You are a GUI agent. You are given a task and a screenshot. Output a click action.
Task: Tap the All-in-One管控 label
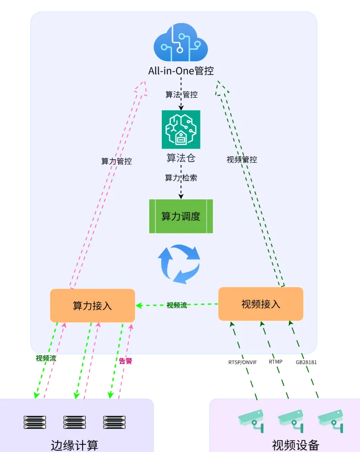click(x=181, y=71)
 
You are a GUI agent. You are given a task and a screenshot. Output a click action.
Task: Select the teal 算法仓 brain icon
click(x=181, y=129)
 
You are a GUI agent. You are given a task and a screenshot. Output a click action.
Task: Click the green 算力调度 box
click(x=181, y=216)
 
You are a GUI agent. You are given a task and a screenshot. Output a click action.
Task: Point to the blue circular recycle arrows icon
click(x=180, y=264)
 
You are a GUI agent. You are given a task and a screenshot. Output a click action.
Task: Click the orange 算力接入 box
click(x=92, y=305)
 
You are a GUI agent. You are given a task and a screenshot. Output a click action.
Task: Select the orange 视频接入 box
click(x=261, y=304)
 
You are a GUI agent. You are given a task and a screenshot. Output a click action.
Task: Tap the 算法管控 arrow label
click(x=181, y=95)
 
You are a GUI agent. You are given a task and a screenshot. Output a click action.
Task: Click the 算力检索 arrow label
click(x=181, y=178)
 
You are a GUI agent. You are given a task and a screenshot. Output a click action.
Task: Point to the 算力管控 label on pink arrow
click(x=116, y=161)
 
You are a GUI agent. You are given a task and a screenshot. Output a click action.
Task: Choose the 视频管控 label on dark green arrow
click(x=242, y=159)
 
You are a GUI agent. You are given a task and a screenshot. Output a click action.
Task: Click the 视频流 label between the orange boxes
click(x=177, y=305)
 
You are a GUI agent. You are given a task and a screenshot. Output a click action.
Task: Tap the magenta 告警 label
click(x=126, y=361)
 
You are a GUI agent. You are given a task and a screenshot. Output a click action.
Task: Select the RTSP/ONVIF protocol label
click(x=243, y=362)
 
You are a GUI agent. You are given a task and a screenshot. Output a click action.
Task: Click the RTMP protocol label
click(x=276, y=362)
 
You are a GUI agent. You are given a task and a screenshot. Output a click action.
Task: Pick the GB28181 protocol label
click(x=306, y=362)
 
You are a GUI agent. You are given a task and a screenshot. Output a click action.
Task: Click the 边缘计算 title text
click(x=75, y=445)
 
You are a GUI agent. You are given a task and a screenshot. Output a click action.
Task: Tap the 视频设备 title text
click(x=296, y=445)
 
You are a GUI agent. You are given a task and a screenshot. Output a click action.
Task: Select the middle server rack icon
click(x=75, y=422)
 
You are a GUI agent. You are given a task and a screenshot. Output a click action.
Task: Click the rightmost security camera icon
click(x=331, y=420)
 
